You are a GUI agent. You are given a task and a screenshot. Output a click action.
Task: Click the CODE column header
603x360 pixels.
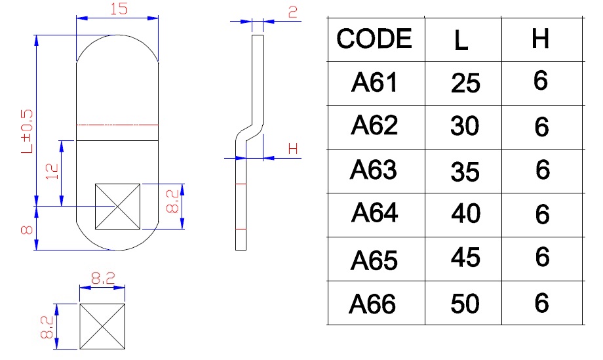pyautogui.click(x=375, y=39)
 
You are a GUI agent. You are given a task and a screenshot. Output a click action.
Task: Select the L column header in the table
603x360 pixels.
pyautogui.click(x=461, y=41)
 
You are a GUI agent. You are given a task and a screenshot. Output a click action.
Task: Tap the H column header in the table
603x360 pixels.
pyautogui.click(x=540, y=39)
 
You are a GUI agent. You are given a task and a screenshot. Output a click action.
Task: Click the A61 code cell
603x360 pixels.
pyautogui.click(x=374, y=83)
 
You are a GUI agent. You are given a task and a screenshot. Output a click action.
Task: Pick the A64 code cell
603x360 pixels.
pyautogui.click(x=374, y=214)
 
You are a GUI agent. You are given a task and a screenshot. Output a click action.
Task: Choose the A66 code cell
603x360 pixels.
pyautogui.click(x=374, y=304)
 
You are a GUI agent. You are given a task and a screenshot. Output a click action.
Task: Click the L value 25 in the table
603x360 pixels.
pyautogui.click(x=465, y=83)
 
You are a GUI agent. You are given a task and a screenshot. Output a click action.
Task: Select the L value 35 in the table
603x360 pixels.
pyautogui.click(x=465, y=172)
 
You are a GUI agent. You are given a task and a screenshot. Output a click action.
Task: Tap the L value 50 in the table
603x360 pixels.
pyautogui.click(x=465, y=304)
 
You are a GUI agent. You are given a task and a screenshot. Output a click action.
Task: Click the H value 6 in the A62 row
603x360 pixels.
pyautogui.click(x=541, y=127)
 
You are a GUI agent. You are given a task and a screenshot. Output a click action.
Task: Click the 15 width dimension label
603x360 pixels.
pyautogui.click(x=118, y=9)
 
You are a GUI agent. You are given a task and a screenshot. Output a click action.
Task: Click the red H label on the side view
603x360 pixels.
pyautogui.click(x=293, y=150)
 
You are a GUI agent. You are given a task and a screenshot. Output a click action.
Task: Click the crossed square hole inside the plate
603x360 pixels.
pyautogui.click(x=118, y=207)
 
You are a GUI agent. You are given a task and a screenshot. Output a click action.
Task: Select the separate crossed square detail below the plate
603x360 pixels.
pyautogui.click(x=102, y=327)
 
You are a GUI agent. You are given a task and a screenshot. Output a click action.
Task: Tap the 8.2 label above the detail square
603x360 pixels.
pyautogui.click(x=103, y=279)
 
